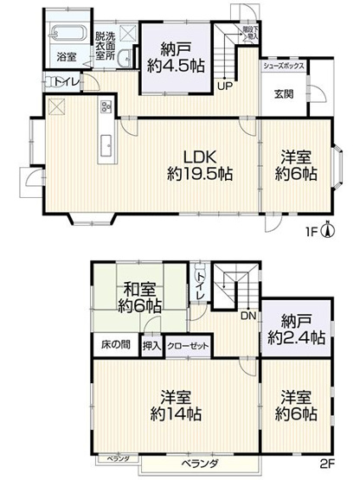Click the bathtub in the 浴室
(65, 35)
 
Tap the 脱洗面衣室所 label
(105, 47)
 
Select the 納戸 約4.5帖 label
(176, 53)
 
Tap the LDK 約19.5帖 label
(200, 165)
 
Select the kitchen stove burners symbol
(106, 107)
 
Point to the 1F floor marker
(312, 232)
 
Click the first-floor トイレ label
(64, 83)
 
